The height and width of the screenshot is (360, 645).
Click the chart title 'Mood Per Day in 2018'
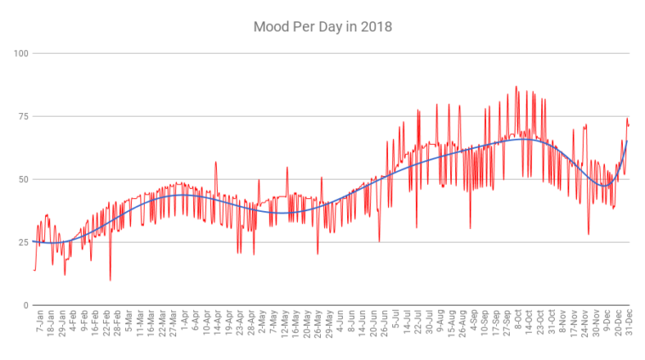[x=322, y=26]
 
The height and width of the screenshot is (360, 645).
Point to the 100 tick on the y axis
[x=21, y=54]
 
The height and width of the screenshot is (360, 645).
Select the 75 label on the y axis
[x=23, y=117]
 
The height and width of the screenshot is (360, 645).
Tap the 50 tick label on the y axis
[x=23, y=180]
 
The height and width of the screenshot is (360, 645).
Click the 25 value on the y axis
[x=23, y=243]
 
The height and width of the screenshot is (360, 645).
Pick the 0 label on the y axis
[x=26, y=306]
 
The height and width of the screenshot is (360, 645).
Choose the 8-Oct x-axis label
[x=517, y=328]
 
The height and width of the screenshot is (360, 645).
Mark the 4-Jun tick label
[x=340, y=328]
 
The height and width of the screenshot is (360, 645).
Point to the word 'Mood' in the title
[x=272, y=26]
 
